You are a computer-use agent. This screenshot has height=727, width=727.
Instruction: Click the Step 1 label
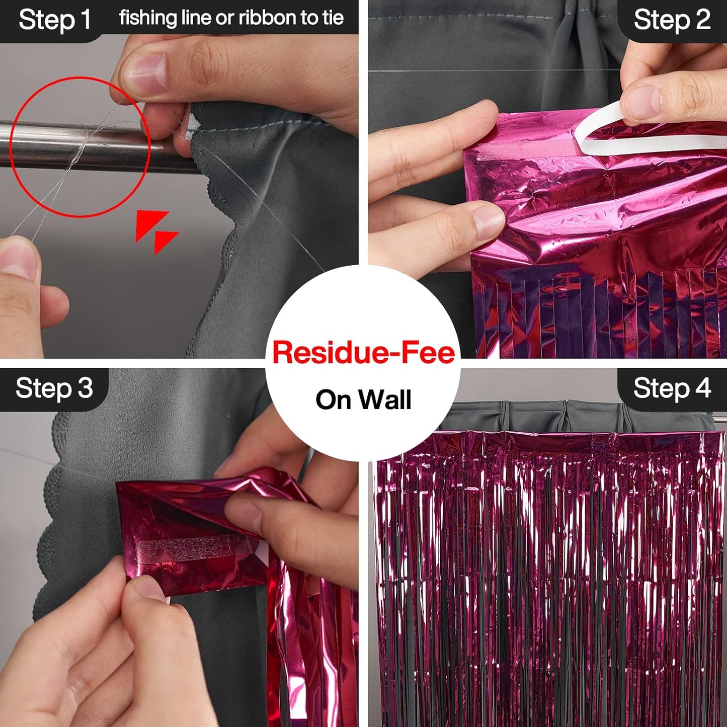point(54,20)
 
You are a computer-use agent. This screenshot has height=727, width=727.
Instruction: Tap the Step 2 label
point(672,20)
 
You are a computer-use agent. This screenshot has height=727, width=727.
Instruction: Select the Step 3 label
point(54,388)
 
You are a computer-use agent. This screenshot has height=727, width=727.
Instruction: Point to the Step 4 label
point(672,388)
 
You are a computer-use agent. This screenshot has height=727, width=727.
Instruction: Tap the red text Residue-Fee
point(363,352)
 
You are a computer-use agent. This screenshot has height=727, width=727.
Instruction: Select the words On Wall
point(363,400)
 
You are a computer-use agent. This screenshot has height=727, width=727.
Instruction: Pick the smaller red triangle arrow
point(165,240)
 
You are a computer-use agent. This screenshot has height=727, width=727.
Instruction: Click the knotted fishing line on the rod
point(80,146)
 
